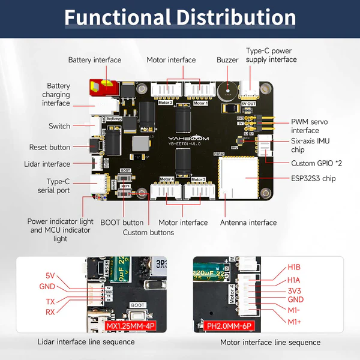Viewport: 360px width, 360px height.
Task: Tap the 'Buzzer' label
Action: pos(227,60)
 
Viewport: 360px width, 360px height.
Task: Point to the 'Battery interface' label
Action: pos(95,60)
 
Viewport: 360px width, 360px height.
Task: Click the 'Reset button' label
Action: pos(50,147)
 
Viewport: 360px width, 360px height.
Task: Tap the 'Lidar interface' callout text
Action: pos(47,164)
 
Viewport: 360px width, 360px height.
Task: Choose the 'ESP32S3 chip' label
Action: pos(313,178)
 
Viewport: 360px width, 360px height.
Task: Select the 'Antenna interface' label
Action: pos(248,223)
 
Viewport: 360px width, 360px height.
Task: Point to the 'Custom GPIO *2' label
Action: pos(316,163)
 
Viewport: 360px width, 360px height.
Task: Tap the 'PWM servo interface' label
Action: pos(309,125)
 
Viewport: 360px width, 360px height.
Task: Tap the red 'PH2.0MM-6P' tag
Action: pos(220,326)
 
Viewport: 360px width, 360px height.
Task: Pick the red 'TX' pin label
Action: pos(50,302)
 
